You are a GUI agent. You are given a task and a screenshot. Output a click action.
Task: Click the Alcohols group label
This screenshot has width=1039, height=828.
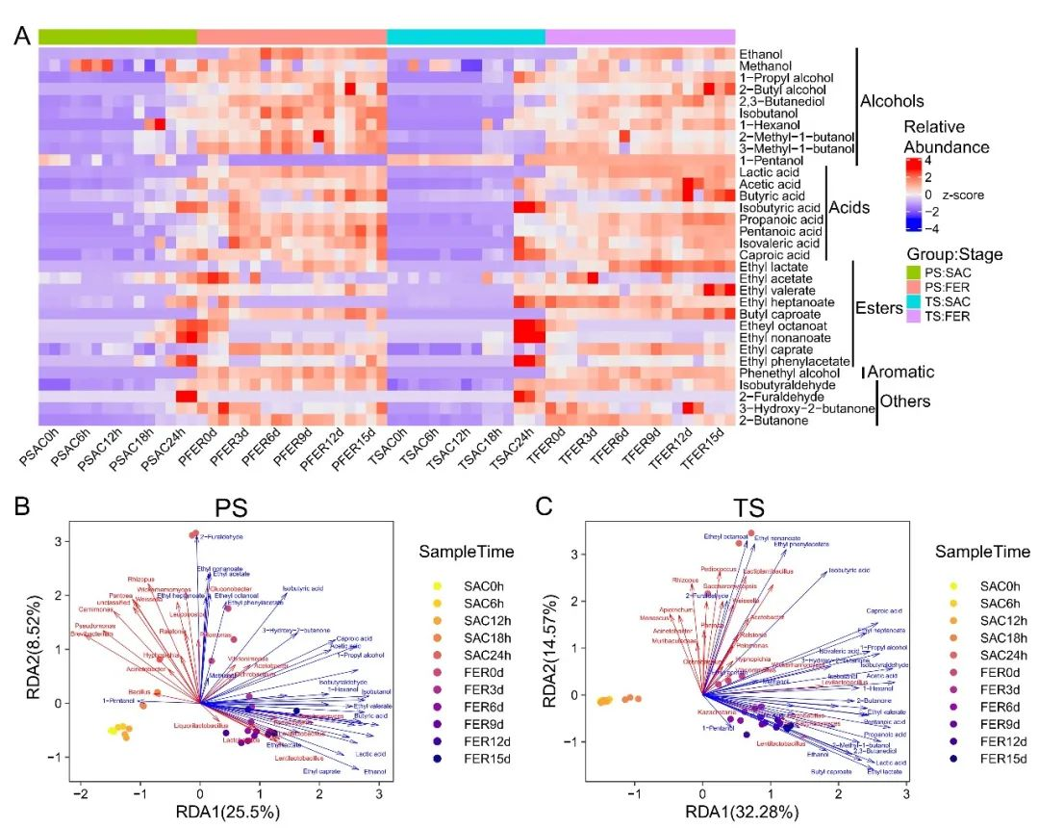tap(892, 101)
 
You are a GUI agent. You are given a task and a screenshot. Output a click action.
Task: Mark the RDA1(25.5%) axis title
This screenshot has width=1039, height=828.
tap(227, 811)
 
